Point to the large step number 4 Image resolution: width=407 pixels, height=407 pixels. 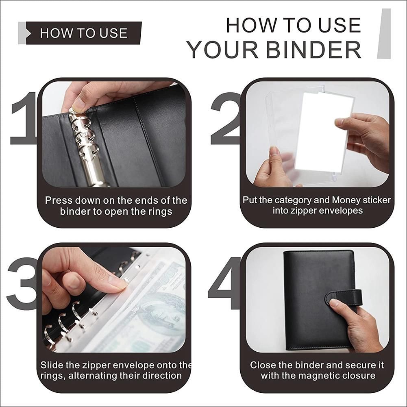(225, 283)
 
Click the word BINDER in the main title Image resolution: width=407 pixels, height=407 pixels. (313, 50)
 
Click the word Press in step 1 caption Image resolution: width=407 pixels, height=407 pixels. (58, 200)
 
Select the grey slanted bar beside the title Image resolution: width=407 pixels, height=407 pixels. (384, 33)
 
